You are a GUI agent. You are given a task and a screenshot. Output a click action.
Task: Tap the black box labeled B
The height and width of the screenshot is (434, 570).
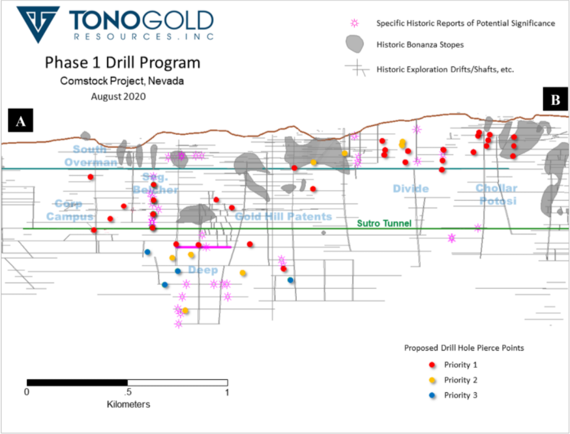556,100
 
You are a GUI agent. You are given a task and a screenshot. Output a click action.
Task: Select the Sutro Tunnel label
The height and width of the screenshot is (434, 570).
384,224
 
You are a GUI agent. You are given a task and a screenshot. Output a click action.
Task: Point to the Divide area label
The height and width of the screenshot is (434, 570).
411,189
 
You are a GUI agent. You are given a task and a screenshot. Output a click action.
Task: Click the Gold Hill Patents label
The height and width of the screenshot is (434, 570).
284,216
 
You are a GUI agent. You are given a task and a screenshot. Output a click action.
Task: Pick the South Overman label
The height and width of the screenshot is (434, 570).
91,156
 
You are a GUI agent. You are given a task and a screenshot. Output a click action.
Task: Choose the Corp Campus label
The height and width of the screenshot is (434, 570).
70,209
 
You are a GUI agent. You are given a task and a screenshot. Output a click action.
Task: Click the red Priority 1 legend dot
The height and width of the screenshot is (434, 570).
431,366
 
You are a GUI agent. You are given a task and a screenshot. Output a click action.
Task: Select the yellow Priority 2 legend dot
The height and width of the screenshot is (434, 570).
431,380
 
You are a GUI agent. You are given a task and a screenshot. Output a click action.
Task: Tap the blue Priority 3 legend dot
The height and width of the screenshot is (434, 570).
431,395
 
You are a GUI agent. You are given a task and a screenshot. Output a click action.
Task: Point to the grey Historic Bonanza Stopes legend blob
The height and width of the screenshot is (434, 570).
354,44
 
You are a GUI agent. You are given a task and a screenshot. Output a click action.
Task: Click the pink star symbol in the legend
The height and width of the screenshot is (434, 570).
355,23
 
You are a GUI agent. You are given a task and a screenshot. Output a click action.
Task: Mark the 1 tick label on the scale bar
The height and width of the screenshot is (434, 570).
227,392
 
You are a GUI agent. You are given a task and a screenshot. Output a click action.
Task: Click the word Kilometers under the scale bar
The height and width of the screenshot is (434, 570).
128,405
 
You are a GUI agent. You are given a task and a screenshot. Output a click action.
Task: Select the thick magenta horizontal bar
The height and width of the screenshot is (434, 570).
204,247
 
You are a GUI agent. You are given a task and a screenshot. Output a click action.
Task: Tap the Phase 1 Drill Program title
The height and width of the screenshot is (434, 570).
123,63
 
